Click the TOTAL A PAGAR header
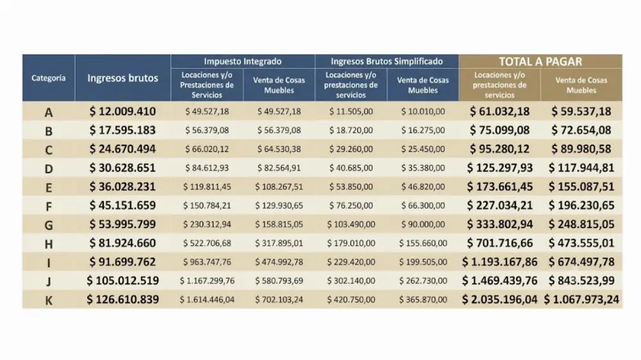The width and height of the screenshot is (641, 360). pos(540,61)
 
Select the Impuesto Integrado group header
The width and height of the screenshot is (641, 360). pos(243,61)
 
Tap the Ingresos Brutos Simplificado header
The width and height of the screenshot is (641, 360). pos(387,61)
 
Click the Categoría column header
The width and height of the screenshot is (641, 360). pos(49,78)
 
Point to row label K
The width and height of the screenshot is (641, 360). pos(49,300)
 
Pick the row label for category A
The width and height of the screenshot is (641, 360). pos(49,112)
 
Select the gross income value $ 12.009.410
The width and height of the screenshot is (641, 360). pos(122,111)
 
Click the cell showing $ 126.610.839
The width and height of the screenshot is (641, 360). pos(122,299)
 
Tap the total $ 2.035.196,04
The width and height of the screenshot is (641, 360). pos(499,300)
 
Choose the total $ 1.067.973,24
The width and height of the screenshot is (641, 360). pos(581,300)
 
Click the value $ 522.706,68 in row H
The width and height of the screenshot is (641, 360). pos(207,243)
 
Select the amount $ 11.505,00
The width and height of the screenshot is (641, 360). pos(351,111)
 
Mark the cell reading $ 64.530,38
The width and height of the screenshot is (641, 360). pos(279,149)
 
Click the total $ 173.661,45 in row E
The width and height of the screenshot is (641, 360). pos(499,187)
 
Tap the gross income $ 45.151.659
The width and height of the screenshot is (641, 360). pos(122,205)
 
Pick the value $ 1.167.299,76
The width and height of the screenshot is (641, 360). pos(207,281)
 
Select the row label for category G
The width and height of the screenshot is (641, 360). pos(49,225)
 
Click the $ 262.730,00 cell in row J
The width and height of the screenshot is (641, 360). pos(422,281)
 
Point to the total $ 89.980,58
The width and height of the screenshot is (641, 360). pos(581,149)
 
